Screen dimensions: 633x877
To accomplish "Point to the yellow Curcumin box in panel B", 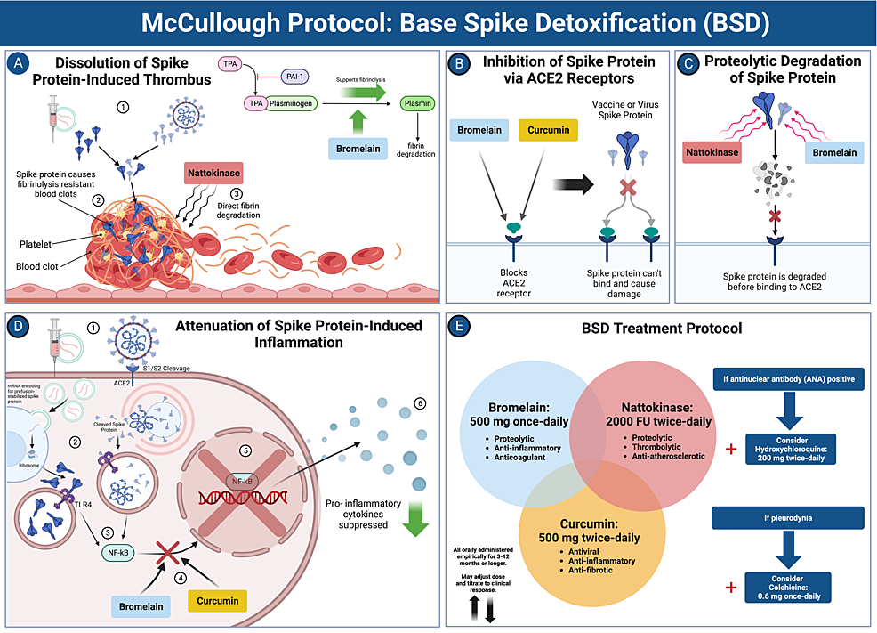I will (548, 131).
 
